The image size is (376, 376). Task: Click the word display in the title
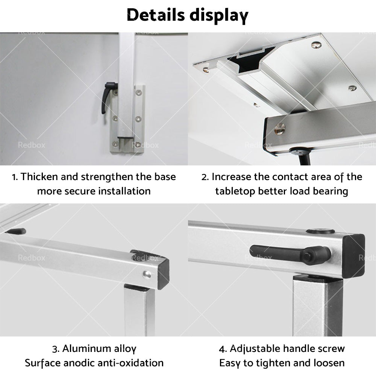tap(222, 16)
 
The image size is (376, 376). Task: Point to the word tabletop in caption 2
tap(235, 191)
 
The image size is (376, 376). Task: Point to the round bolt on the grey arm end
tap(279, 129)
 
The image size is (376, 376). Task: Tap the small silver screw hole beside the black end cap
tap(147, 274)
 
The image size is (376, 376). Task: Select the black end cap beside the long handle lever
tap(353, 256)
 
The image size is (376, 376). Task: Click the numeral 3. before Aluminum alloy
tap(56, 349)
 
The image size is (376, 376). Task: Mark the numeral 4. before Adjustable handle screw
tap(223, 349)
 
